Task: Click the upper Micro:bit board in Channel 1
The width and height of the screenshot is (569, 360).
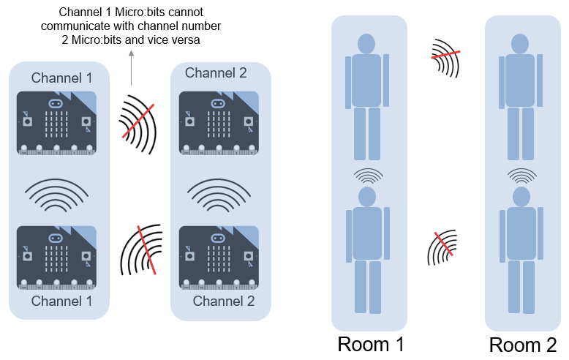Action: [x=57, y=123]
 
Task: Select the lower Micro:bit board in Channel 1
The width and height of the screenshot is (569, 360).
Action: [x=57, y=258]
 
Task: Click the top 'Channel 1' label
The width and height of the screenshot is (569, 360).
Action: [x=62, y=78]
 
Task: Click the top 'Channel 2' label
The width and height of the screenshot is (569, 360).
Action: [x=216, y=72]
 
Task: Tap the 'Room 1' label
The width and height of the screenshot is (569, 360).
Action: [x=371, y=344]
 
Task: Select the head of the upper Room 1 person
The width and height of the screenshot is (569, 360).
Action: [x=366, y=43]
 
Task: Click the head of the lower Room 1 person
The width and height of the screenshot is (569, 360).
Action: [x=366, y=197]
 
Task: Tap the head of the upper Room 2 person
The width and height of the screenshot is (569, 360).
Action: [x=521, y=43]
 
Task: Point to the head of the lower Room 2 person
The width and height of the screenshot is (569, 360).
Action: [x=521, y=197]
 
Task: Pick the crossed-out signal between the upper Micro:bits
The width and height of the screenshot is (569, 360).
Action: [x=137, y=121]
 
